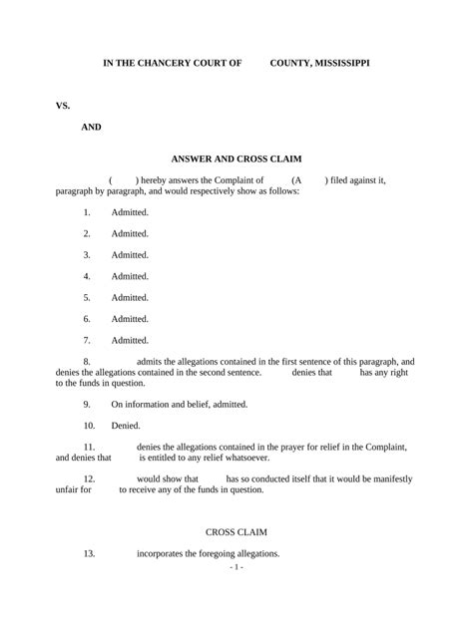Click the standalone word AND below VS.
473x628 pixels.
tap(91, 128)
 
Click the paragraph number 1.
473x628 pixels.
tap(87, 212)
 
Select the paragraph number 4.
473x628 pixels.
tap(87, 276)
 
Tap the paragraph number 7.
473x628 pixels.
tap(87, 340)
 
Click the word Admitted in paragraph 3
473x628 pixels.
tap(130, 255)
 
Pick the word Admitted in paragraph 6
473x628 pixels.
tap(130, 319)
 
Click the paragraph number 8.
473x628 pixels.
tap(87, 361)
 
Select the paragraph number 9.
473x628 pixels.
tap(87, 404)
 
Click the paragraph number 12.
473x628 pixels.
tap(89, 479)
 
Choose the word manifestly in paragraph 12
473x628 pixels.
tap(390, 479)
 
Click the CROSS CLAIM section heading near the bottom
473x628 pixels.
tap(236, 532)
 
